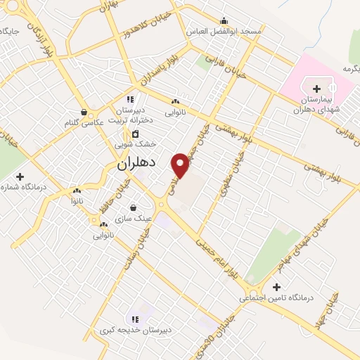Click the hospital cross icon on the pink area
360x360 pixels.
point(316,89)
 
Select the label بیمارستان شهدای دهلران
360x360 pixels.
point(314,105)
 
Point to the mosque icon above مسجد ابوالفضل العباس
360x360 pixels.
point(224,20)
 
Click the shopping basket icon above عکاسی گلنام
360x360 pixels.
point(84,111)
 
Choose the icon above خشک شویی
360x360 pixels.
point(135,134)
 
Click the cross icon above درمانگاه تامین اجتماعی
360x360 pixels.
point(276,287)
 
